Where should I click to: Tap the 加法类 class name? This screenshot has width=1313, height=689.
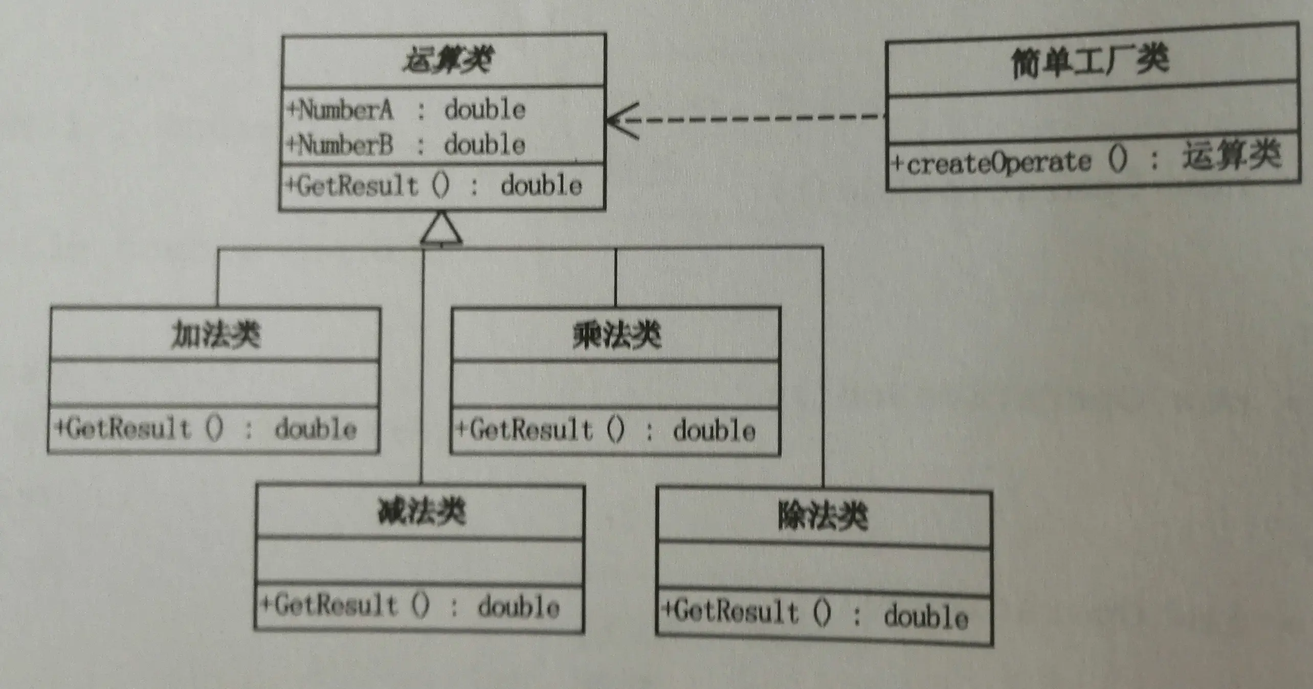215,335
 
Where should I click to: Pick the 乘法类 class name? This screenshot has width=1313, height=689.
616,336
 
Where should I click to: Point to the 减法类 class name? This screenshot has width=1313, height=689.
421,512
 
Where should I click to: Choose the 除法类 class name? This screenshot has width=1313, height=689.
822,516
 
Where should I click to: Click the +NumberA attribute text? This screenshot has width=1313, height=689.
341,110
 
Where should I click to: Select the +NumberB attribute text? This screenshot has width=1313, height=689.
341,145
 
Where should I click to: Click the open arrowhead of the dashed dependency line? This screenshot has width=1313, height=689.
620,121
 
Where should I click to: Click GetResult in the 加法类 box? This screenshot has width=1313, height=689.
128,428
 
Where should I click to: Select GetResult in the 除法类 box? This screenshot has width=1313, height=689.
736,612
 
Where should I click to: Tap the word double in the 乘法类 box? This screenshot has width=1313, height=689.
714,431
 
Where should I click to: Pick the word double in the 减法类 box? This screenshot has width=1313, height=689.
518,607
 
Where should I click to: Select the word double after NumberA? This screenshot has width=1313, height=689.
484,110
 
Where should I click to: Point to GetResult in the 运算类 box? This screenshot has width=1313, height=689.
357,185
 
